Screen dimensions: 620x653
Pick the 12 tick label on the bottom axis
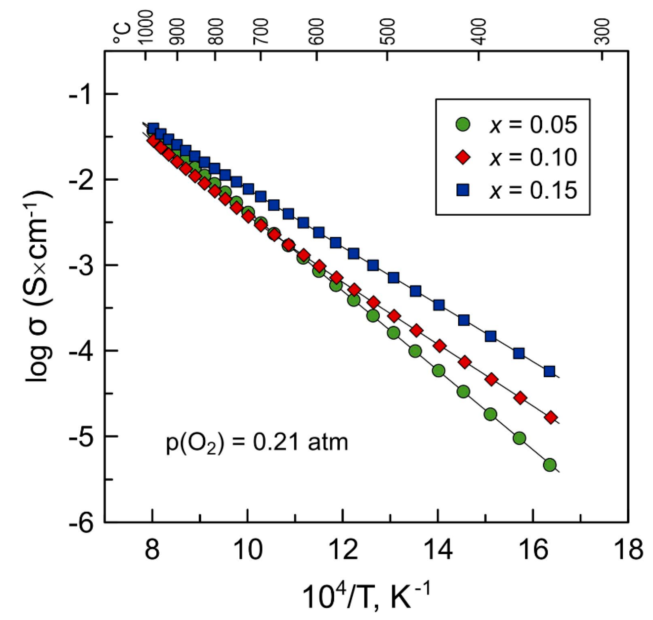(343, 550)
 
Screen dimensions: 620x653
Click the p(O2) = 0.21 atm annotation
(257, 443)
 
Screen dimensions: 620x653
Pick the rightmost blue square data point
(549, 371)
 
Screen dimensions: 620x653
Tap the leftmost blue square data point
(153, 128)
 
